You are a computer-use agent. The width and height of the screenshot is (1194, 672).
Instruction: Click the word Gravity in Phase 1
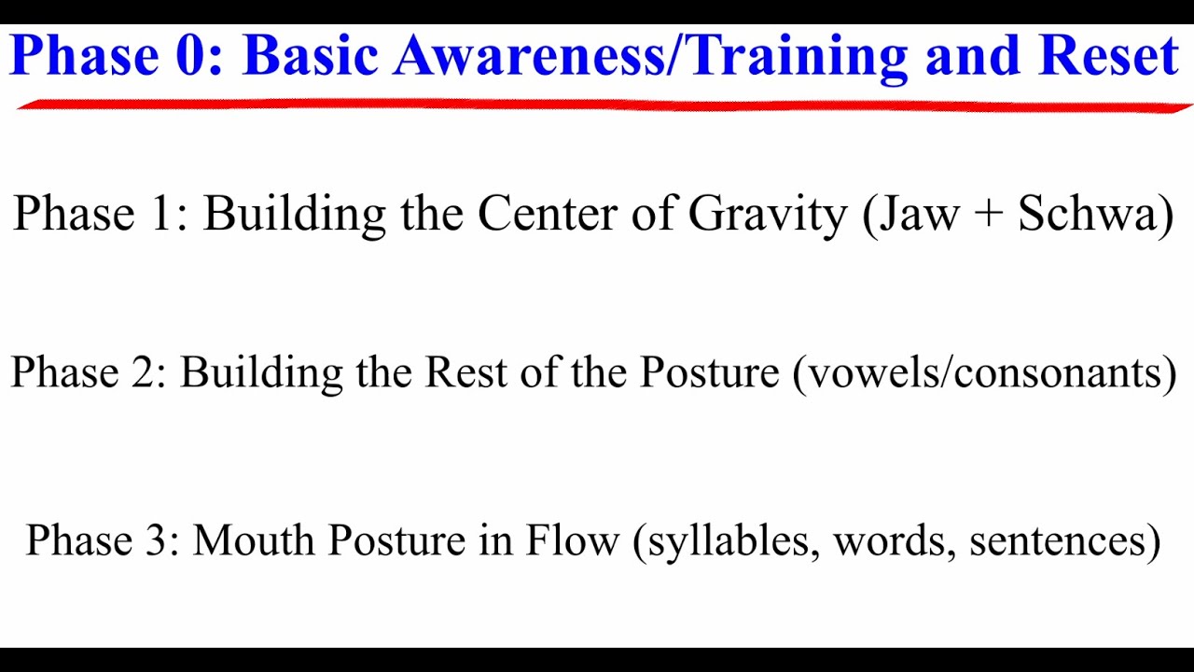click(x=767, y=215)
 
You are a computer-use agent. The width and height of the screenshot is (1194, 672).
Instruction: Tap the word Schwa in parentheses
click(x=1087, y=214)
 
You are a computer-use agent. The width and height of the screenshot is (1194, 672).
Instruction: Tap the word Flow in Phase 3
click(x=572, y=540)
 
